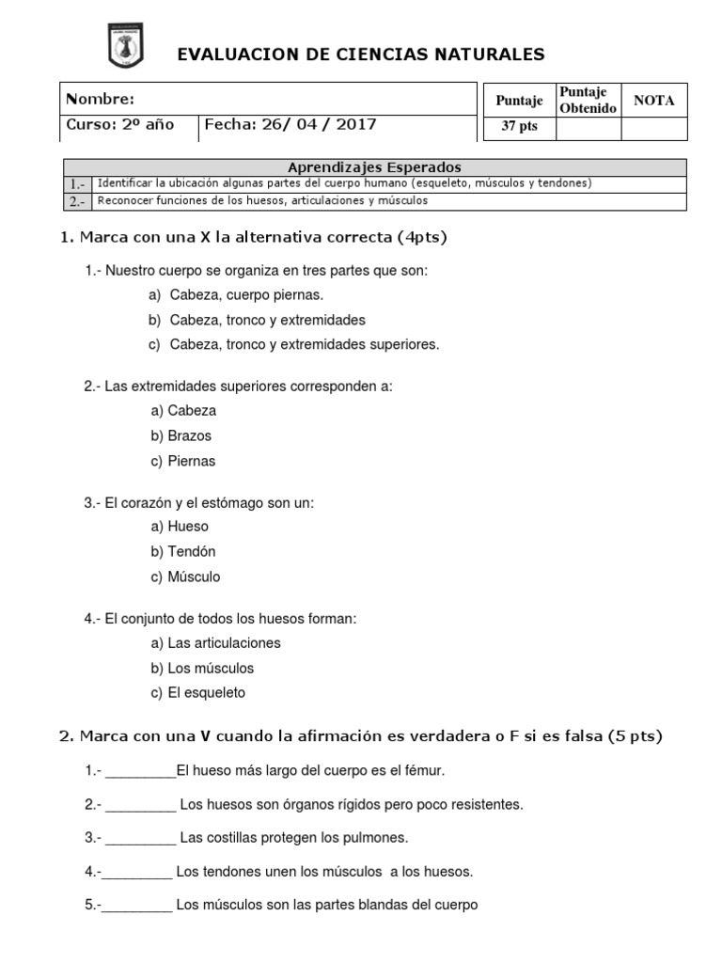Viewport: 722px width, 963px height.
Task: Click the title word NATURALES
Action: (489, 55)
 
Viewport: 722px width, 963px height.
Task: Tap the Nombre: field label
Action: (100, 100)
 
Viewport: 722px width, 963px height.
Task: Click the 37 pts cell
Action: (518, 127)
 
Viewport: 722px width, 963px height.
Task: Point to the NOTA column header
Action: (653, 101)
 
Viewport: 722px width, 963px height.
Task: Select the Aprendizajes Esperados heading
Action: (374, 167)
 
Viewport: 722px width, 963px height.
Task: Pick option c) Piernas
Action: (183, 462)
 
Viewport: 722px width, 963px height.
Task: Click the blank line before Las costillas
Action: (140, 840)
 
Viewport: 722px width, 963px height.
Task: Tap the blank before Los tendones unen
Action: (137, 874)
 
